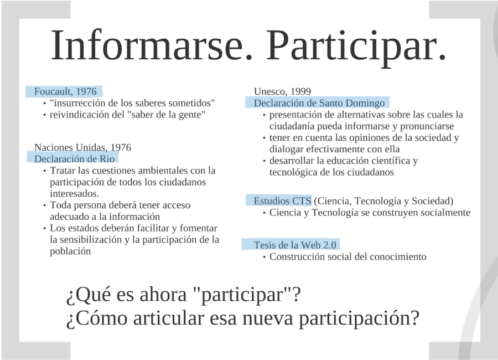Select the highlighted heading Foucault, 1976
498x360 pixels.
65,91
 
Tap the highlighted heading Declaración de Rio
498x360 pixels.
74,158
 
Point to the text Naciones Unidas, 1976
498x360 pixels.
82,147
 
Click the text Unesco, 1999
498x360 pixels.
282,91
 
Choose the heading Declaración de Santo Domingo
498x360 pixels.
319,103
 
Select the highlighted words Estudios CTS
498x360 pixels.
282,200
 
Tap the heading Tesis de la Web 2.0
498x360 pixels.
295,245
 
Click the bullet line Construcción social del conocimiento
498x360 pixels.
347,256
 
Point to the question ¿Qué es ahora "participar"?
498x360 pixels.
183,295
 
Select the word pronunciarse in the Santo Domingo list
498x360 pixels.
427,126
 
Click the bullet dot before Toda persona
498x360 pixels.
44,205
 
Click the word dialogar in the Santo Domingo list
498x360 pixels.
287,149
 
